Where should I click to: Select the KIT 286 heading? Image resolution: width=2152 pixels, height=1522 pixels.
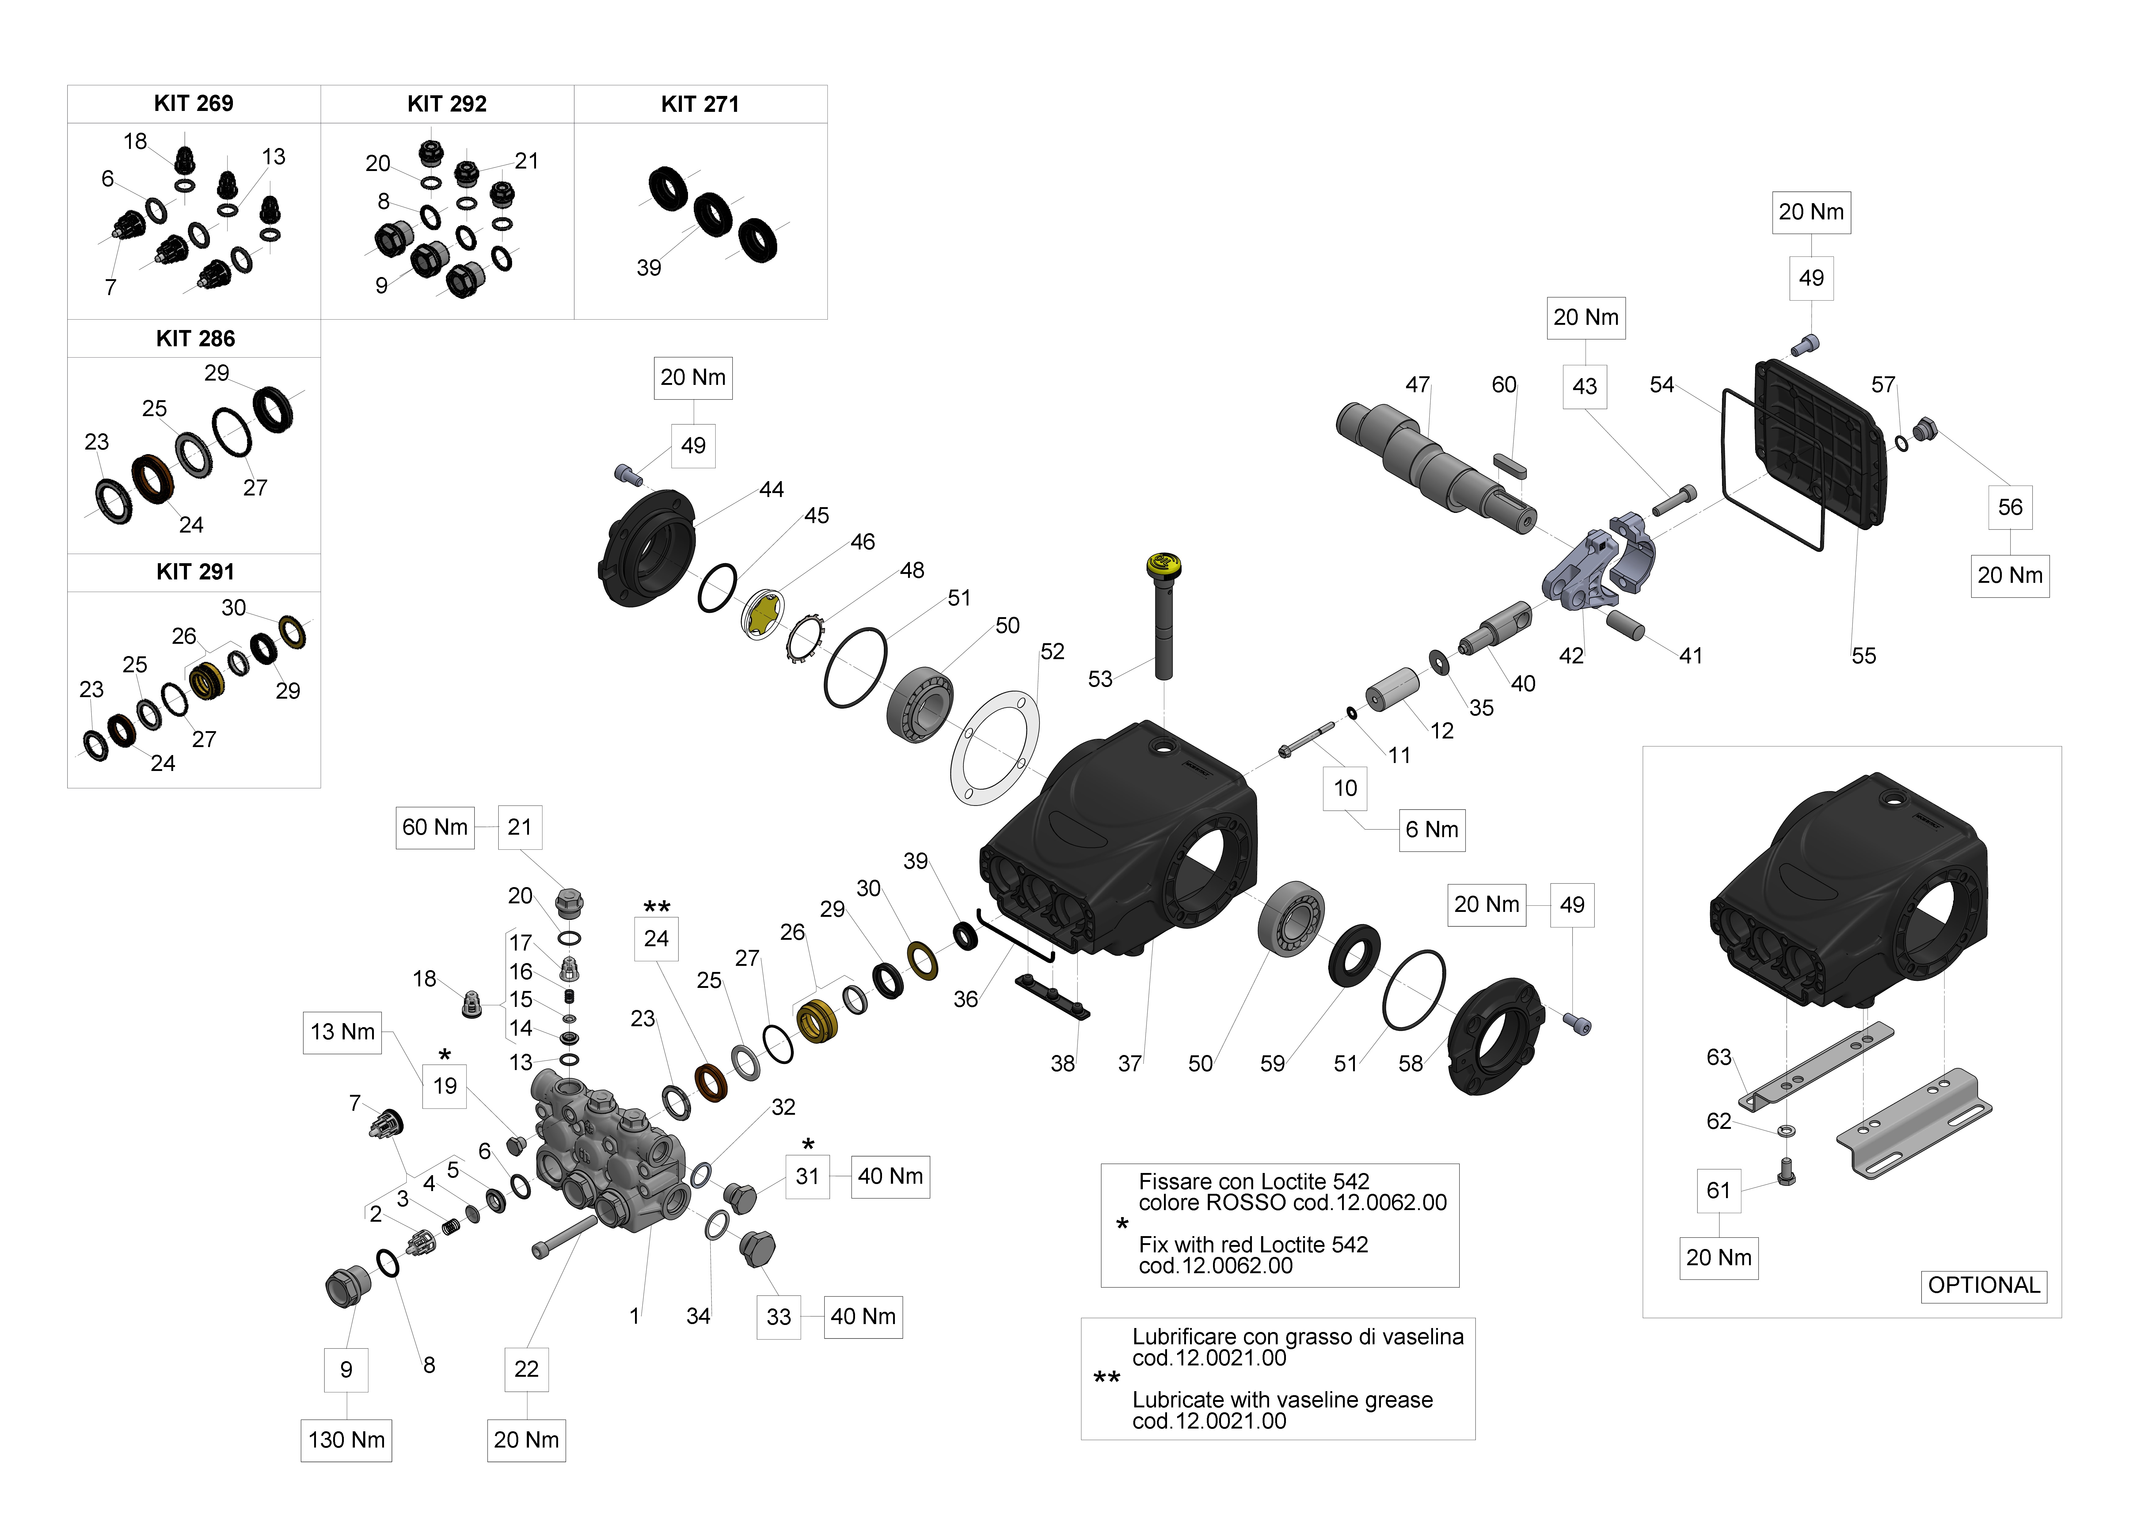pos(195,338)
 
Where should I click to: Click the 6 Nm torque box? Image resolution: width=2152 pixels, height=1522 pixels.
pos(1431,829)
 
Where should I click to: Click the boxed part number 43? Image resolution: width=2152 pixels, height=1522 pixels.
pos(1584,386)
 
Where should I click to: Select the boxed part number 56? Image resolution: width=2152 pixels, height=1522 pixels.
pos(2009,507)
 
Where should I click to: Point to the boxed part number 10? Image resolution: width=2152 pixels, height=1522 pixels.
pos(1345,788)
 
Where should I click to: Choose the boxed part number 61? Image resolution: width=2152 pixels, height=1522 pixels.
pos(1718,1190)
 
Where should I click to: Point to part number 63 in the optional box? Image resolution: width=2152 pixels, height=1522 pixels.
pos(1718,1057)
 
